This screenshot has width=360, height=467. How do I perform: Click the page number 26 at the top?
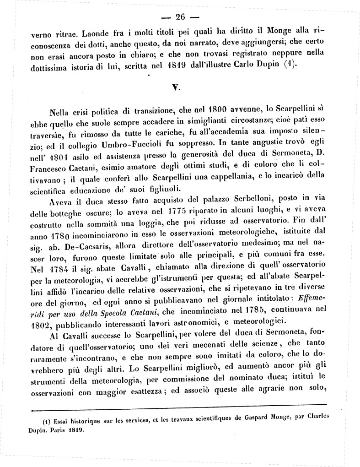[179, 17]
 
